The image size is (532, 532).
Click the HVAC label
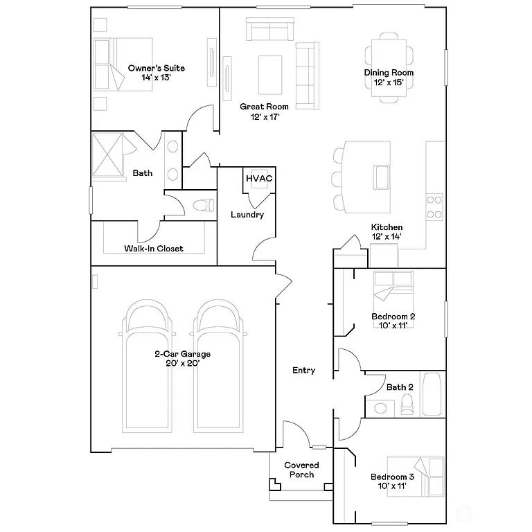click(258, 179)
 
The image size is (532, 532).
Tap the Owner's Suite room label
click(156, 68)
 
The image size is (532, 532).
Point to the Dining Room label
click(389, 72)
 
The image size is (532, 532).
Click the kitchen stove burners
click(434, 206)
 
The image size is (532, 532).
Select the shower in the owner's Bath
click(107, 154)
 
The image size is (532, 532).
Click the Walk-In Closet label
click(154, 248)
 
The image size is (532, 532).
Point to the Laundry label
click(247, 215)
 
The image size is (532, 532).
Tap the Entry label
click(303, 371)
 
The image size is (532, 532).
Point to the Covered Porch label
click(302, 470)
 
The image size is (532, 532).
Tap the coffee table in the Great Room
click(270, 73)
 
